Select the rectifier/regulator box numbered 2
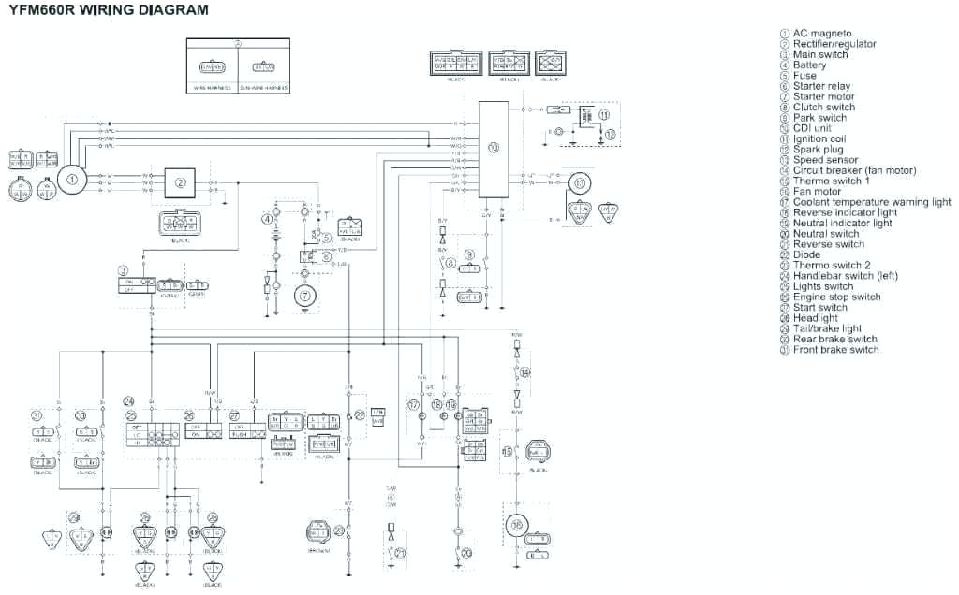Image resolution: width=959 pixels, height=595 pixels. click(181, 181)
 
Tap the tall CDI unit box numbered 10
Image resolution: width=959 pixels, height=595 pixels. click(494, 149)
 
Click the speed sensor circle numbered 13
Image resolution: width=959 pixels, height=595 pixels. click(579, 182)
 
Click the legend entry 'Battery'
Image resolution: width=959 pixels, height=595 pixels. click(809, 65)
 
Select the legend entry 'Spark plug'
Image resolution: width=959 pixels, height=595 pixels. click(818, 150)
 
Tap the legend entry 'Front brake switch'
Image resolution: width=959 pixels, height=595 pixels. click(835, 350)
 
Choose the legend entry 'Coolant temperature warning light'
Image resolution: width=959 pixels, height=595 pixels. click(871, 202)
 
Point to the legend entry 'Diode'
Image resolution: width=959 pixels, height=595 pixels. click(806, 254)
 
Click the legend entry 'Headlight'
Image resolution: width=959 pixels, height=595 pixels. click(815, 318)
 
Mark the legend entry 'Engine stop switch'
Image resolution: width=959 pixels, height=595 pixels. click(836, 297)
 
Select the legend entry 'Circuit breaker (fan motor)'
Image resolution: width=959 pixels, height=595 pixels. click(854, 170)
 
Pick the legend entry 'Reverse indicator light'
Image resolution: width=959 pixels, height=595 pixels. click(845, 212)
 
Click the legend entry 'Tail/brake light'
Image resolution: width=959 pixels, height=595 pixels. click(827, 328)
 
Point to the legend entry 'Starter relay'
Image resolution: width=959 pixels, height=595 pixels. click(821, 86)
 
